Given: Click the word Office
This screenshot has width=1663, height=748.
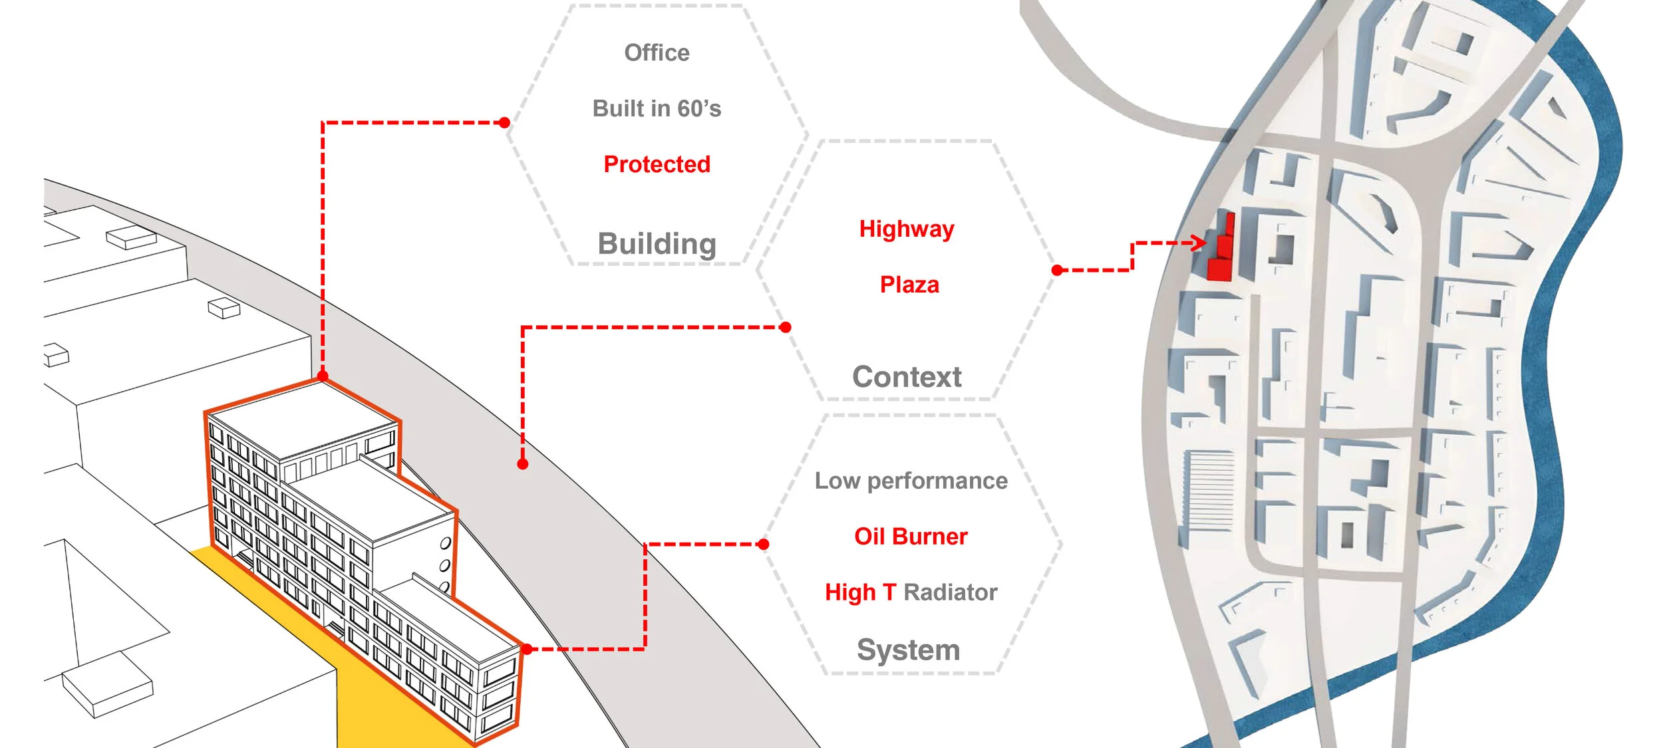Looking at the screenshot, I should [x=657, y=53].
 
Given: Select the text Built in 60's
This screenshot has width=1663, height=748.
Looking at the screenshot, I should [x=657, y=108].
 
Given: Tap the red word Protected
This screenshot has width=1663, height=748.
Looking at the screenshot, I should [x=657, y=164].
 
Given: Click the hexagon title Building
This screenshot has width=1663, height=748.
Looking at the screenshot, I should [x=657, y=244].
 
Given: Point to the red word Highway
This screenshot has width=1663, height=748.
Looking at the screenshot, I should [x=907, y=229].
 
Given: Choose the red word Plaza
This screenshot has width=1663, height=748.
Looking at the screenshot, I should [x=909, y=285].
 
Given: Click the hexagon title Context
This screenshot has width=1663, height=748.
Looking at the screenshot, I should [x=907, y=377].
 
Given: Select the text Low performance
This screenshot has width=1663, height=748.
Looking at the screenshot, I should [x=911, y=481].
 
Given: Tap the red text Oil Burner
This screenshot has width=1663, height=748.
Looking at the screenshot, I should [x=911, y=537].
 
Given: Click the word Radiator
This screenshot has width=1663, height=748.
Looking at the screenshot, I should [x=950, y=592].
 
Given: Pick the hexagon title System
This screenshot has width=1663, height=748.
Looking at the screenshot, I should [x=908, y=650].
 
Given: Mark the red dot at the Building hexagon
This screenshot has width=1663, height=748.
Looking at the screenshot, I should [x=505, y=122].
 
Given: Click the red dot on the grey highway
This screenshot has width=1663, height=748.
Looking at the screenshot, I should [x=523, y=464].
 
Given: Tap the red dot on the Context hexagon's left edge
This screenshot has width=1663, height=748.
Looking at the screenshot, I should [x=786, y=327].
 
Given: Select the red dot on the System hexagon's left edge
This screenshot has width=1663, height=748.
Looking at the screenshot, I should [x=764, y=545].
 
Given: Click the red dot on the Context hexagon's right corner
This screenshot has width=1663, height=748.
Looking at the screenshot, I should [x=1057, y=270].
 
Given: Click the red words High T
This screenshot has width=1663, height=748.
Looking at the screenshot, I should [x=860, y=592].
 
